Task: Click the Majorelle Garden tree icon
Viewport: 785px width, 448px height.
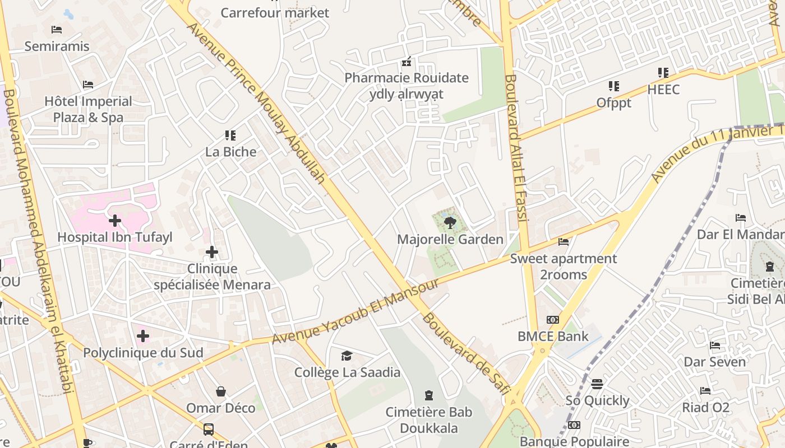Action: pyautogui.click(x=449, y=223)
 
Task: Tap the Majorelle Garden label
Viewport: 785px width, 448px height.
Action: pyautogui.click(x=450, y=240)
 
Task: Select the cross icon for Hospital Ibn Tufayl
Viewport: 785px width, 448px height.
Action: pyautogui.click(x=115, y=221)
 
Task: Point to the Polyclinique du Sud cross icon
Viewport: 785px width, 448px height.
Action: pyautogui.click(x=143, y=336)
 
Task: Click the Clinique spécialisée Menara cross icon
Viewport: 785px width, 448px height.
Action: pyautogui.click(x=212, y=252)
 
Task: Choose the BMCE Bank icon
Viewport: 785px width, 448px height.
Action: pyautogui.click(x=553, y=320)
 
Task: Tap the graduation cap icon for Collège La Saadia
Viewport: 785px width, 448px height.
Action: pyautogui.click(x=347, y=356)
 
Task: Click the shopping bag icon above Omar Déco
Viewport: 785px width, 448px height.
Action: pyautogui.click(x=221, y=391)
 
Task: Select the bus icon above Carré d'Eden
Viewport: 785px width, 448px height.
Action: pyautogui.click(x=209, y=430)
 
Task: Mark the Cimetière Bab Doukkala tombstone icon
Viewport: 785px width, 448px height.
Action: pyautogui.click(x=429, y=395)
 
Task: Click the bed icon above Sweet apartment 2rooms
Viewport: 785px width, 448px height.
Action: pyautogui.click(x=564, y=242)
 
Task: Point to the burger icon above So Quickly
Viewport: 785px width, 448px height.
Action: pyautogui.click(x=597, y=384)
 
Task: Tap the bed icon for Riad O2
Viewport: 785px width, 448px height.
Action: pyautogui.click(x=705, y=391)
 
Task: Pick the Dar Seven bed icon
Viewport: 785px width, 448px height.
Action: pyautogui.click(x=715, y=346)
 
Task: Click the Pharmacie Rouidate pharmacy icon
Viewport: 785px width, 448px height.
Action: pyautogui.click(x=407, y=62)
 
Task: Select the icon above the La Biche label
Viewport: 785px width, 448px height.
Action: pyautogui.click(x=230, y=135)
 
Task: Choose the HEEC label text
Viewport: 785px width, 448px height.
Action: pyautogui.click(x=663, y=90)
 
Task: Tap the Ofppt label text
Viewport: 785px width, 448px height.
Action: pyautogui.click(x=614, y=103)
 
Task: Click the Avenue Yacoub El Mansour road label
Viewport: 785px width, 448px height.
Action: pyautogui.click(x=355, y=311)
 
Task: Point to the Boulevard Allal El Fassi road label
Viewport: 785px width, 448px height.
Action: pyautogui.click(x=516, y=148)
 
